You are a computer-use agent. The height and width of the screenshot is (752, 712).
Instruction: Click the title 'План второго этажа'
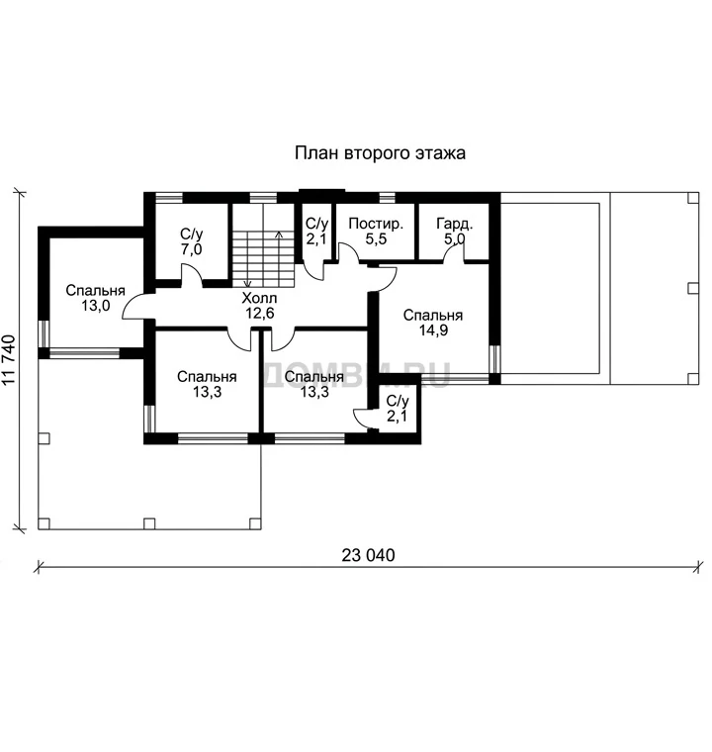[380, 153]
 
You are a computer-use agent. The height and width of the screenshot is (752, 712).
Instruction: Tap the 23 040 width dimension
[368, 555]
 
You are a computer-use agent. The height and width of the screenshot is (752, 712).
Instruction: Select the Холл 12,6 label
[259, 306]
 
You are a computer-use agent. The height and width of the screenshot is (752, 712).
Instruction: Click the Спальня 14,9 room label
[433, 323]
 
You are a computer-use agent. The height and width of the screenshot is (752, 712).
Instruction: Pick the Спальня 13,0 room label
[95, 298]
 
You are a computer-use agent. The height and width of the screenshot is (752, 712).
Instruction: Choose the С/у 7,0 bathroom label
[191, 241]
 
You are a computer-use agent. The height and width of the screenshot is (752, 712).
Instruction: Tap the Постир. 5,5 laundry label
[376, 232]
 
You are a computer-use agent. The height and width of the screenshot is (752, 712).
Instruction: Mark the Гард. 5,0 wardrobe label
[455, 232]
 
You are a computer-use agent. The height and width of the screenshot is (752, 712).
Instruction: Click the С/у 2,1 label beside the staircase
[316, 232]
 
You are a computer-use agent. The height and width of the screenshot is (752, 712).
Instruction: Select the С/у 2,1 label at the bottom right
[398, 408]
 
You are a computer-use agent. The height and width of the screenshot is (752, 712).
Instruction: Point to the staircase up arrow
[279, 259]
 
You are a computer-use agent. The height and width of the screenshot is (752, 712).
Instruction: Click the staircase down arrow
[248, 259]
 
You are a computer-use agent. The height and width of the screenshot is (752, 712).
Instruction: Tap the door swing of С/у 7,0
[191, 274]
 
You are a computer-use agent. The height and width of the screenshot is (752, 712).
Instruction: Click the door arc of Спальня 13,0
[133, 306]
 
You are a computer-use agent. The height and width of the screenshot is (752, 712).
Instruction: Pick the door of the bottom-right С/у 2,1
[364, 419]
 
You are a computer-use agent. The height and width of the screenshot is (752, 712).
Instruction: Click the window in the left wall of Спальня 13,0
[44, 333]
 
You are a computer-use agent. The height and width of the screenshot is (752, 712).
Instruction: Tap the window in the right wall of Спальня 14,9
[494, 360]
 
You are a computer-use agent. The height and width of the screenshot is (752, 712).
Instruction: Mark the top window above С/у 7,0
[169, 197]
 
